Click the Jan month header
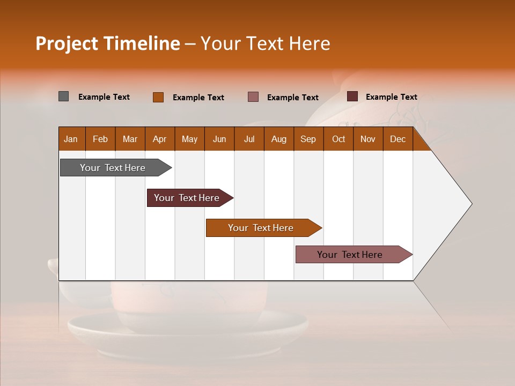71,139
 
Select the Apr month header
159,139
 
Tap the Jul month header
249,139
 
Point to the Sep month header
308,139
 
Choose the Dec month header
398,139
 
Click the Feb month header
100,139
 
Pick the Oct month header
339,139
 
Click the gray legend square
63,96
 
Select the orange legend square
158,97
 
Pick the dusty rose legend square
253,96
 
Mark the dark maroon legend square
352,96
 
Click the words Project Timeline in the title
107,43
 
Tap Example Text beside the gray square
104,97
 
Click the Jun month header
219,139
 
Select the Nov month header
368,139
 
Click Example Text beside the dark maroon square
392,97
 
